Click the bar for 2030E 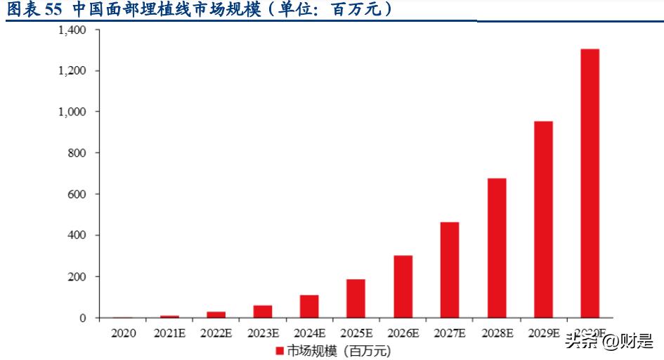[590, 183]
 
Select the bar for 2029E [543, 219]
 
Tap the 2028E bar [496, 247]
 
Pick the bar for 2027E [449, 270]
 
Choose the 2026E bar [403, 286]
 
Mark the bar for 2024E [309, 306]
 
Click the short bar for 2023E [262, 311]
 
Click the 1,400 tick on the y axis [72, 30]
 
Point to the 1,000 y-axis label [72, 112]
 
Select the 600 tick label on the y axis [77, 194]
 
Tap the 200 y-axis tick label [77, 276]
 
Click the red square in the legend [279, 349]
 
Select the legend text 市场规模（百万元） [338, 349]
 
